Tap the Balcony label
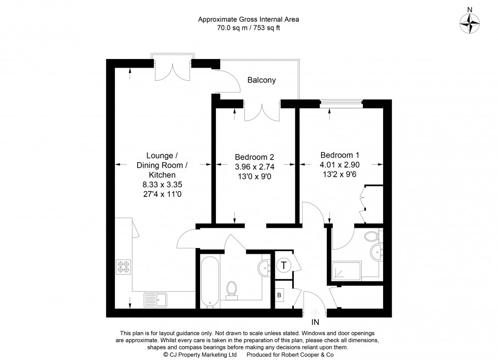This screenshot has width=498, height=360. click(261, 80)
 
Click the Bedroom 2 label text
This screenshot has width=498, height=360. click(254, 157)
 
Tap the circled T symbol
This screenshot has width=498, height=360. click(284, 264)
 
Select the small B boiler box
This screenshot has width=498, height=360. click(279, 294)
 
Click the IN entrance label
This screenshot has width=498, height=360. click(316, 321)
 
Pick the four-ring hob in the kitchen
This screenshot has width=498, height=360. click(123, 266)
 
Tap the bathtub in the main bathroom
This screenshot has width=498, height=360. click(209, 281)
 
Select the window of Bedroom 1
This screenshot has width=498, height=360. click(341, 104)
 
